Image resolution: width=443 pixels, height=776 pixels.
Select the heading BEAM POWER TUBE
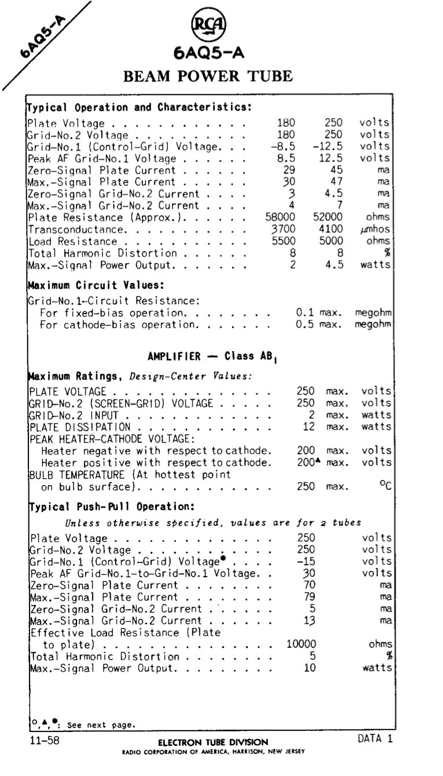point(208,76)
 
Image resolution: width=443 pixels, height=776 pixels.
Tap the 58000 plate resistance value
point(280,218)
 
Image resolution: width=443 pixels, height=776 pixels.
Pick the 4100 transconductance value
point(331,229)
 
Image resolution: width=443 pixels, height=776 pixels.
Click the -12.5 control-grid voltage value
point(328,147)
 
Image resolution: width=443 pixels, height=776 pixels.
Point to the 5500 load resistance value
point(284,242)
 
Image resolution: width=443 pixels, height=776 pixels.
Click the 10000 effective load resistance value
point(301,644)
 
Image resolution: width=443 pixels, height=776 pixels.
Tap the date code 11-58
point(44,740)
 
